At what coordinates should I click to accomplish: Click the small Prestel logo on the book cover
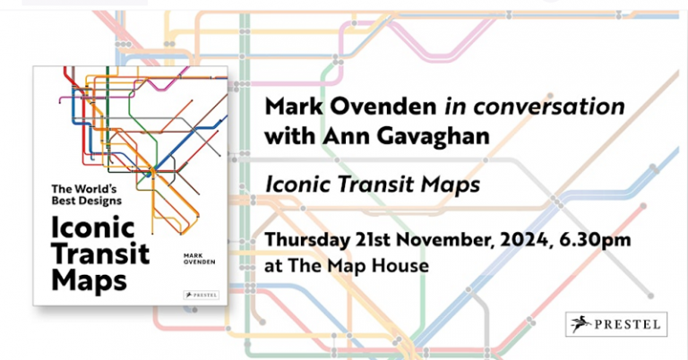(x=195, y=290)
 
